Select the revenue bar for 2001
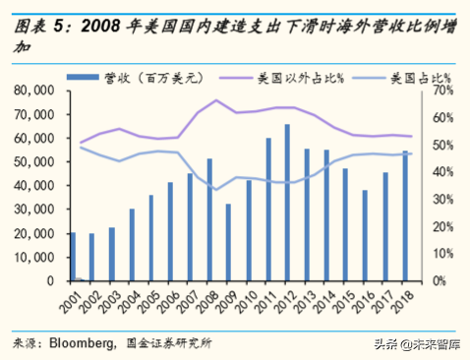pyautogui.click(x=73, y=257)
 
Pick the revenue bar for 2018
pyautogui.click(x=405, y=216)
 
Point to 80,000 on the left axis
pyautogui.click(x=37, y=90)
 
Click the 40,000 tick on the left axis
pyautogui.click(x=37, y=186)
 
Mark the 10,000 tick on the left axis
pyautogui.click(x=37, y=258)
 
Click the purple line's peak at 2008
pyautogui.click(x=215, y=100)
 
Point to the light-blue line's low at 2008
pyautogui.click(x=215, y=190)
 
